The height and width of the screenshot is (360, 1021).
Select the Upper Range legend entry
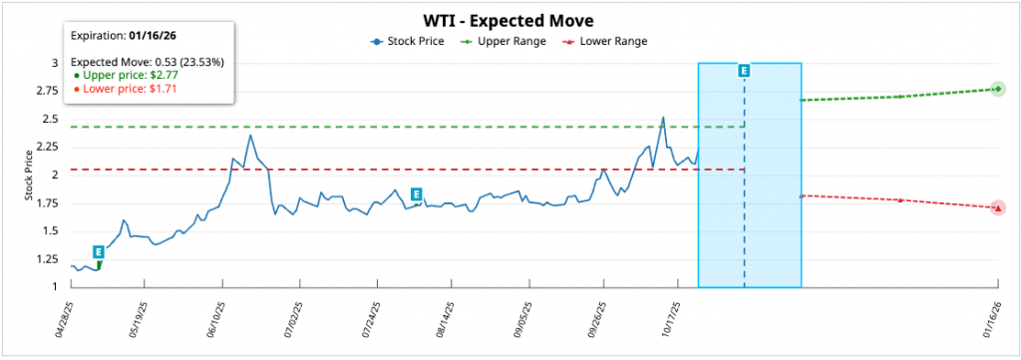(x=503, y=41)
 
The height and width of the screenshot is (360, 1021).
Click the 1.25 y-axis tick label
(x=47, y=259)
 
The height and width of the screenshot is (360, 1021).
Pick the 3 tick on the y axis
(x=56, y=63)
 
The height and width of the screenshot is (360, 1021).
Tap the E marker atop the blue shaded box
(x=744, y=71)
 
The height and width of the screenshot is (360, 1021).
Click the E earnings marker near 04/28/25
(x=98, y=252)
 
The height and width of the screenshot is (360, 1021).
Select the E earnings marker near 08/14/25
(x=416, y=194)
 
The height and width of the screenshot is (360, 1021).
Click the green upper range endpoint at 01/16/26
(x=997, y=89)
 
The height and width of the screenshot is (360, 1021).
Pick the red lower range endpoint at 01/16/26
(x=997, y=207)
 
